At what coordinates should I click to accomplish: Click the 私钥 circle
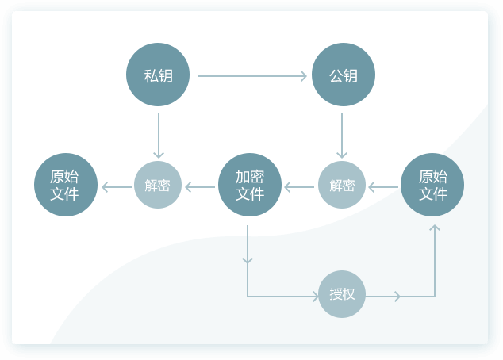[x=158, y=75]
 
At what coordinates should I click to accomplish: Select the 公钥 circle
[x=343, y=75]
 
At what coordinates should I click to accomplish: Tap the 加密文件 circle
[x=249, y=186]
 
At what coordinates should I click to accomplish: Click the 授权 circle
[x=342, y=294]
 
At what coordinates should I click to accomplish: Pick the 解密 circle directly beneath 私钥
[x=158, y=186]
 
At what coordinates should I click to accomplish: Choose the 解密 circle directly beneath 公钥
[x=342, y=186]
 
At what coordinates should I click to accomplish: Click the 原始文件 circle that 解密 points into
[x=65, y=186]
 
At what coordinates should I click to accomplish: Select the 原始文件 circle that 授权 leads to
[x=432, y=186]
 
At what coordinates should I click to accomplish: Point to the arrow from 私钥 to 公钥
[x=251, y=76]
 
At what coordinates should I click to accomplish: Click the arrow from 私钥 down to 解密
[x=159, y=135]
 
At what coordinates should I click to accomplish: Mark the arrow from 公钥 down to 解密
[x=342, y=135]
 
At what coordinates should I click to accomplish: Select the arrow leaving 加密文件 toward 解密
[x=200, y=188]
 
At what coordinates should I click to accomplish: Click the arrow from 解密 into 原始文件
[x=117, y=188]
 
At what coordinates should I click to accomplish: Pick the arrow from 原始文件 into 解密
[x=383, y=188]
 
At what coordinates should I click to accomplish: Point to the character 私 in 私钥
[x=151, y=76]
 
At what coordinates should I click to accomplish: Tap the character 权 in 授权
[x=349, y=294]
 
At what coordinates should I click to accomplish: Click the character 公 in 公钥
[x=336, y=76]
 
